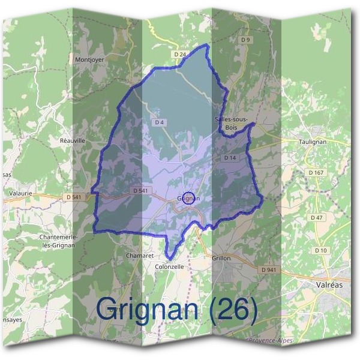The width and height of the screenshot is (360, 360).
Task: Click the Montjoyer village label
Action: (90, 60)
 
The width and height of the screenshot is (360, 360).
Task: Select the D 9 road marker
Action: (245, 40)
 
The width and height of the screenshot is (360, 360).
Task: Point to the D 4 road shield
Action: (159, 122)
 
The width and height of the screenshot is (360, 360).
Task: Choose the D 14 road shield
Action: (230, 157)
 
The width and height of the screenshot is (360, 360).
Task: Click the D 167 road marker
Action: (316, 173)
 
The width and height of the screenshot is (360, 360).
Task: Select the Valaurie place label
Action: (21, 194)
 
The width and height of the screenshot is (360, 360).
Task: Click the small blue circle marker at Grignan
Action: (188, 198)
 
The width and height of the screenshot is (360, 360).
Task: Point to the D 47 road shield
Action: (317, 217)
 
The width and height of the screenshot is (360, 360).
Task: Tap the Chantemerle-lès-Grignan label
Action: (56, 241)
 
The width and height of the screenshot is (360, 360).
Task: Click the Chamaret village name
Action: (139, 256)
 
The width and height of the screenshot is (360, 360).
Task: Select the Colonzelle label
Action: (169, 266)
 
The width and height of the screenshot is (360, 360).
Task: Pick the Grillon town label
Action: (221, 258)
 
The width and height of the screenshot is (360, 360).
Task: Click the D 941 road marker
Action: (269, 270)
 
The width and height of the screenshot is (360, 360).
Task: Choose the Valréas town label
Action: (329, 285)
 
